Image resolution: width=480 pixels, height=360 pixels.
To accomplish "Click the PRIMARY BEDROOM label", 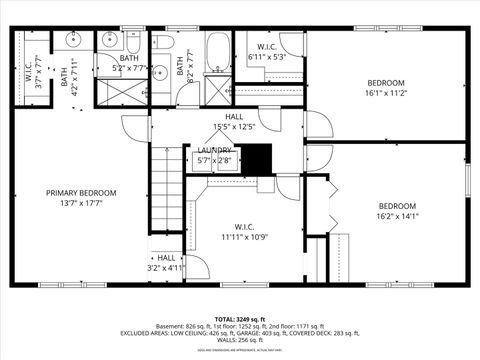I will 81,192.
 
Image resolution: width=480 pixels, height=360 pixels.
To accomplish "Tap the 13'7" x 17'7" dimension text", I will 81,203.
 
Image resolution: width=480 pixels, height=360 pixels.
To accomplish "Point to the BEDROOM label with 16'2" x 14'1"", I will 397,204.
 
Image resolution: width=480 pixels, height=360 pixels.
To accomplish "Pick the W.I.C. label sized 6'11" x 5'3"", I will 266,47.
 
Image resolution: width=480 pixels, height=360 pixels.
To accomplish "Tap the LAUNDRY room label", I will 213,150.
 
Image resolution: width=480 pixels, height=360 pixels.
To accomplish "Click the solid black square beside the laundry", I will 258,159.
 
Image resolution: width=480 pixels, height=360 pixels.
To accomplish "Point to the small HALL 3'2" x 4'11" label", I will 166,257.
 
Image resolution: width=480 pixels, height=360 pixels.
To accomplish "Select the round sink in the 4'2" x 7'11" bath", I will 73,42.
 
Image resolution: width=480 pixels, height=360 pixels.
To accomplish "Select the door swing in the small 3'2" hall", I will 196,267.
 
